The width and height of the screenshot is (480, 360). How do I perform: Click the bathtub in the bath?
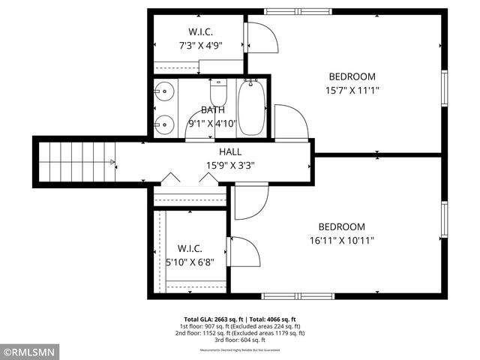pos(251,107)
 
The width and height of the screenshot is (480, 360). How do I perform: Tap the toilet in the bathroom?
pos(218,92)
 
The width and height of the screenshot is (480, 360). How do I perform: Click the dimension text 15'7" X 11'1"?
pos(352,91)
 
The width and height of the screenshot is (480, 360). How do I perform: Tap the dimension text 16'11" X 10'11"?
pos(341,241)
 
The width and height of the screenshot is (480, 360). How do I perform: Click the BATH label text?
pos(212,110)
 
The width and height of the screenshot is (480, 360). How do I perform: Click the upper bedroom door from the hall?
pos(289,123)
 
